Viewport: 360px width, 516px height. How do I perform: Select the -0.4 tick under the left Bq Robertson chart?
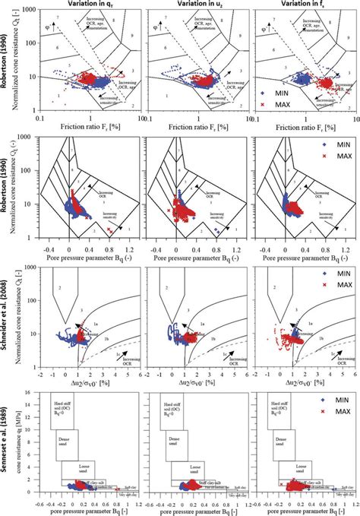[x=51, y=247]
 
